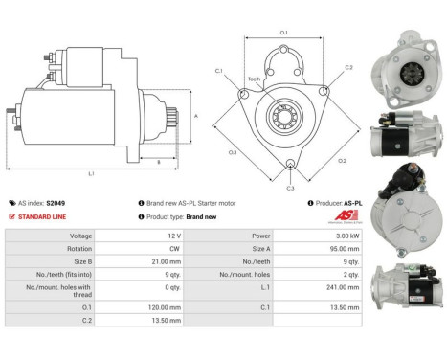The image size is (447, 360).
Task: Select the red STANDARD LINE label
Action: (41, 216)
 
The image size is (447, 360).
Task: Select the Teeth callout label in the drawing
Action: (254, 79)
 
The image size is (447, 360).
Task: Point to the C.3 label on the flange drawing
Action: (290, 188)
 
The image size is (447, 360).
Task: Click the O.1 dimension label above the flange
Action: (283, 34)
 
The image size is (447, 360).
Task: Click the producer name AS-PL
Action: (355, 203)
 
